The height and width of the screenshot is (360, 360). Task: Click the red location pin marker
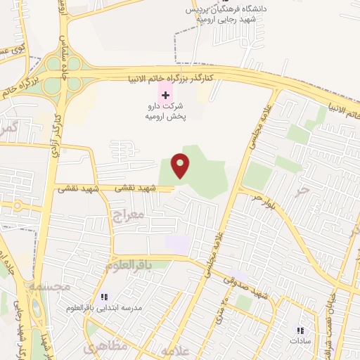(181, 165)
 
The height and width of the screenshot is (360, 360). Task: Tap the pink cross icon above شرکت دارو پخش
(165, 94)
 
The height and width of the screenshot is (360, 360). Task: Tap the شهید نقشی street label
(77, 188)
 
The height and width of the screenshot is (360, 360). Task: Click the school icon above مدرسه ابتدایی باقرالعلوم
(105, 297)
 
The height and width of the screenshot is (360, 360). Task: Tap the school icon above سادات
(300, 330)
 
